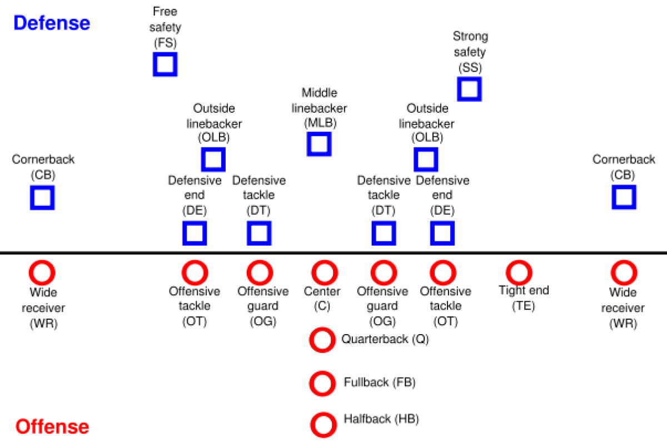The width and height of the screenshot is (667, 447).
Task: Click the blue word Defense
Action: click(x=52, y=23)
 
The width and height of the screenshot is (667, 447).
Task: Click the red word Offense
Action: click(x=52, y=427)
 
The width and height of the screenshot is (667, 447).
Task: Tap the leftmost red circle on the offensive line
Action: click(x=42, y=273)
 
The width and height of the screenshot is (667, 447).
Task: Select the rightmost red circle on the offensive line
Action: click(x=624, y=273)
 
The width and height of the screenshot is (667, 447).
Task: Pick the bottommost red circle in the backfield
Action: click(x=323, y=425)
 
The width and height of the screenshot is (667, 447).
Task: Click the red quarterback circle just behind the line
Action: click(x=322, y=340)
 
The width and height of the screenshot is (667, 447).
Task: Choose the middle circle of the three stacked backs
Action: click(x=322, y=384)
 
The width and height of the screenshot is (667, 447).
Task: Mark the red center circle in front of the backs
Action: click(x=325, y=273)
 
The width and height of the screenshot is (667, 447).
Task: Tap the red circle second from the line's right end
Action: click(x=519, y=273)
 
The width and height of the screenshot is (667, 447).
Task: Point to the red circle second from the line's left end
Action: click(x=195, y=273)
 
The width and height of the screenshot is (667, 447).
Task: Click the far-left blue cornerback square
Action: click(x=43, y=198)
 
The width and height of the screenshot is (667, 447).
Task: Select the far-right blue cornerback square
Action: click(x=624, y=198)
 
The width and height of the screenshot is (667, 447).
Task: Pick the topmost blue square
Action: click(x=166, y=65)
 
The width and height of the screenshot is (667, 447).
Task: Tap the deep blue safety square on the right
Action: click(x=469, y=89)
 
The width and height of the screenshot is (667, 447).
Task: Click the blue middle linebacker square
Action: click(x=319, y=145)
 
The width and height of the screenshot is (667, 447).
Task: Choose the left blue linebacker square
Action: click(x=213, y=160)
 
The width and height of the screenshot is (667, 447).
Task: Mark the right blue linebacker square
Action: click(x=426, y=160)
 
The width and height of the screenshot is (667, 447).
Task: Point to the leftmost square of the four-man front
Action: click(x=195, y=233)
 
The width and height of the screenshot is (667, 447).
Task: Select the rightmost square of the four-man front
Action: click(x=442, y=233)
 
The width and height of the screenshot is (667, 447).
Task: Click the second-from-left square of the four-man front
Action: click(x=259, y=233)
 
